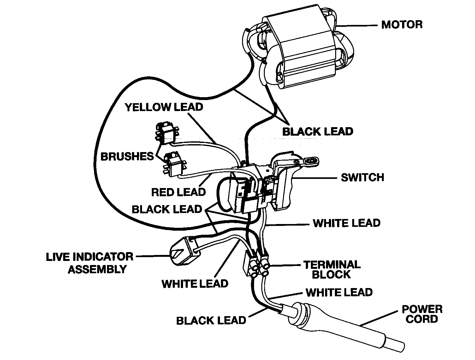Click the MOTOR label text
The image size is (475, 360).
click(x=401, y=25)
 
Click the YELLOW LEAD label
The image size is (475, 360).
click(x=164, y=107)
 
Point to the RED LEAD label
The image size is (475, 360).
click(x=178, y=192)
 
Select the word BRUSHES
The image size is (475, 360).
click(x=127, y=156)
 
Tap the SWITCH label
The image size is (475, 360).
click(x=362, y=177)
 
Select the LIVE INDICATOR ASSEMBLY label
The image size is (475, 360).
click(x=90, y=263)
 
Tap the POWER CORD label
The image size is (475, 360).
click(x=422, y=314)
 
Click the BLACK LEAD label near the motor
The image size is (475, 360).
click(x=318, y=131)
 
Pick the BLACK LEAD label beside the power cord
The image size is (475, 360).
click(x=211, y=321)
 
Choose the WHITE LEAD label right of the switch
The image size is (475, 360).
click(x=347, y=223)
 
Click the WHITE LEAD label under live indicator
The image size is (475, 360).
click(x=195, y=284)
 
